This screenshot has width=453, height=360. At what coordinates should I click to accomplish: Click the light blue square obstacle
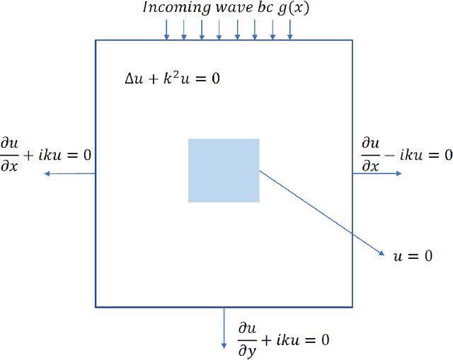tap(224, 170)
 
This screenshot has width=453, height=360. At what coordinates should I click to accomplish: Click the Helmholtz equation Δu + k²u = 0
tap(171, 78)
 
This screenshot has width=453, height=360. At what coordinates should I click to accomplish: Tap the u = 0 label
tap(412, 255)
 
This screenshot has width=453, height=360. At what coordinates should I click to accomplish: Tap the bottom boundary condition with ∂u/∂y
tap(282, 339)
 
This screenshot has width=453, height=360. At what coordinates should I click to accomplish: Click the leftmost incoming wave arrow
tap(167, 29)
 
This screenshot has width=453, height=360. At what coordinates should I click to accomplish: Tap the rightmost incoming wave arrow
tap(290, 29)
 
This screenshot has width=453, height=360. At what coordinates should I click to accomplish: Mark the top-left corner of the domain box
tap(96, 41)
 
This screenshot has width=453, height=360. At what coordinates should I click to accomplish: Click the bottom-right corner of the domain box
tap(352, 306)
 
